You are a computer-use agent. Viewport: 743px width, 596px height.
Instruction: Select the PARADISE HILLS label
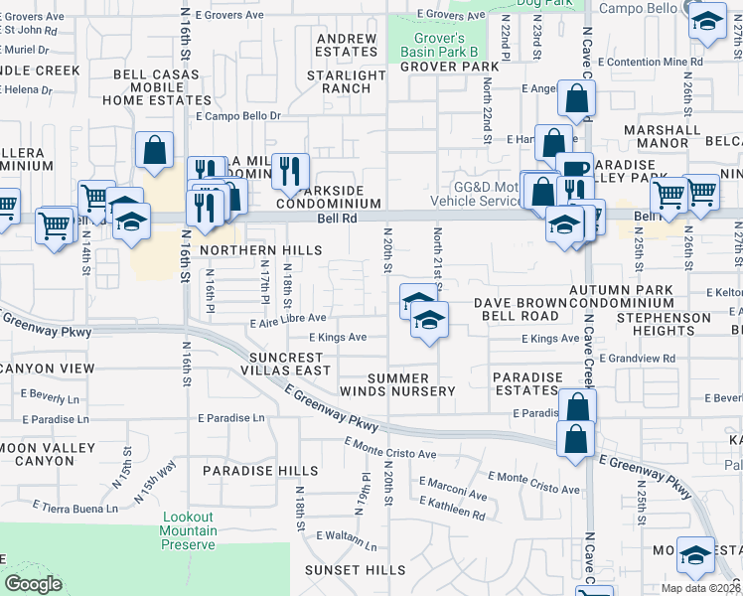pos(246,470)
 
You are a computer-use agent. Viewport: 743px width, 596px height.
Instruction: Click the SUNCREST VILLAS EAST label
pos(271,364)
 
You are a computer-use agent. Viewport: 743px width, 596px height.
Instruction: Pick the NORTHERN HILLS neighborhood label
pos(260,249)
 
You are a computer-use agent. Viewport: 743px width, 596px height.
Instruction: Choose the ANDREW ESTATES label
pos(347,46)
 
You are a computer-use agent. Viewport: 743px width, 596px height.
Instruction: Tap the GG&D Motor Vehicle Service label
pos(485,194)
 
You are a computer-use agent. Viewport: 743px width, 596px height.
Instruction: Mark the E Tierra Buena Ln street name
pos(74,507)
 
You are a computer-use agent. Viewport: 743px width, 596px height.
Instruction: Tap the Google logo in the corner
pos(33,584)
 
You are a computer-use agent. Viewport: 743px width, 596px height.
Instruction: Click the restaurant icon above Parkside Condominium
pos(290,171)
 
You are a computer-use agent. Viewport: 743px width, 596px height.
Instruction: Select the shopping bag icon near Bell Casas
pos(155,150)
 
